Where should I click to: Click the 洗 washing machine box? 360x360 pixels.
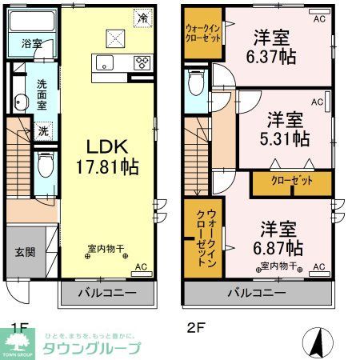pyautogui.click(x=44, y=130)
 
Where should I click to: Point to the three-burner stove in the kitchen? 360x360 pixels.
pyautogui.click(x=143, y=62)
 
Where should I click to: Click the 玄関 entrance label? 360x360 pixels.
pyautogui.click(x=24, y=252)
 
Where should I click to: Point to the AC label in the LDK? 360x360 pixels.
pyautogui.click(x=141, y=266)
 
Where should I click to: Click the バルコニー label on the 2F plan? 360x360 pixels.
pyautogui.click(x=258, y=294)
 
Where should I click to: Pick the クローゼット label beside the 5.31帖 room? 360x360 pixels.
pyautogui.click(x=291, y=182)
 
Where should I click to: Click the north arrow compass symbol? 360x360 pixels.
pyautogui.click(x=318, y=342)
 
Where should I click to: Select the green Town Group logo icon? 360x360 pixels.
pyautogui.click(x=15, y=345)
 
